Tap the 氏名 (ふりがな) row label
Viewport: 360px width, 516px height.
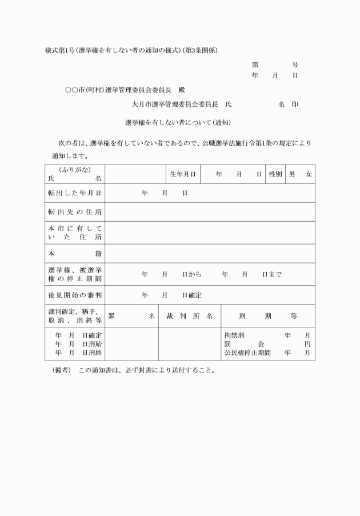pyautogui.click(x=75, y=174)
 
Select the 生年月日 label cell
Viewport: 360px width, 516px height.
pyautogui.click(x=183, y=174)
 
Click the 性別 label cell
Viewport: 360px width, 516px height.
pyautogui.click(x=275, y=174)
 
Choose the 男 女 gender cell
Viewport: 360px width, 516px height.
pyautogui.click(x=300, y=174)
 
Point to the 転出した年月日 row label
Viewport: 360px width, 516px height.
pyautogui.click(x=75, y=193)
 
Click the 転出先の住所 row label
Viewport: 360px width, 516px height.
pyautogui.click(x=75, y=213)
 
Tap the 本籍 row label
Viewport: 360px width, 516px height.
pyautogui.click(x=75, y=253)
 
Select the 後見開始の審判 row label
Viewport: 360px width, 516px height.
pyautogui.click(x=75, y=295)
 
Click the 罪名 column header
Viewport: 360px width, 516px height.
pyautogui.click(x=131, y=315)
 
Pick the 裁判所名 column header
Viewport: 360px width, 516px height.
pyautogui.click(x=189, y=315)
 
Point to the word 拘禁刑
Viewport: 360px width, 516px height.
pyautogui.click(x=234, y=335)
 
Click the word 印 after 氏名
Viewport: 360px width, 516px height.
pyautogui.click(x=295, y=105)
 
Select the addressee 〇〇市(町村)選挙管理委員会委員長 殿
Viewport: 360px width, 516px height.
pyautogui.click(x=125, y=90)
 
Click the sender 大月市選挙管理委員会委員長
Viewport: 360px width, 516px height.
pyautogui.click(x=175, y=105)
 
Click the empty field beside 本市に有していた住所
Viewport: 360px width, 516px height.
pyautogui.click(x=210, y=233)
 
